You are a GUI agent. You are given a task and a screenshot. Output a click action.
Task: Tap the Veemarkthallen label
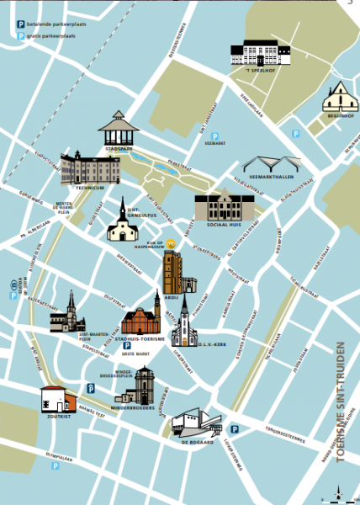(x=271, y=178)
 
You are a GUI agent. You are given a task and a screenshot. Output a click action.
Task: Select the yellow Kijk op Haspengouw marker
(x=171, y=242)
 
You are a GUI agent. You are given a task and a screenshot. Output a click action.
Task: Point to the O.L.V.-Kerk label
(x=207, y=343)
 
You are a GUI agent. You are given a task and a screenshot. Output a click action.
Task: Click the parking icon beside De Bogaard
(x=235, y=429)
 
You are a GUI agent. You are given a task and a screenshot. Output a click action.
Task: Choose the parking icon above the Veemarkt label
(x=214, y=136)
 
